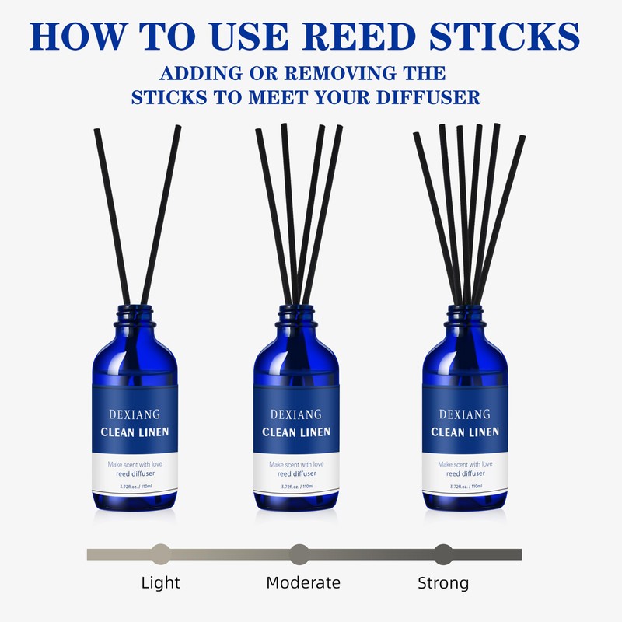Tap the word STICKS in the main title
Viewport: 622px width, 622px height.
click(x=508, y=37)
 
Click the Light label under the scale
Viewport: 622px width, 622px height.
click(x=160, y=582)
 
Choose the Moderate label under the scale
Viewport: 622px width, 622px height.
click(x=303, y=582)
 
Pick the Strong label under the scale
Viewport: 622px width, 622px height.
click(x=443, y=582)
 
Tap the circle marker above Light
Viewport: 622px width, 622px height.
click(x=161, y=554)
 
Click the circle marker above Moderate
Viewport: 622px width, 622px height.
click(x=299, y=554)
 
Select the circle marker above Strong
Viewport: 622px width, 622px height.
click(x=443, y=554)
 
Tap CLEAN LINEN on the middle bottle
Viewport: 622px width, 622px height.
click(x=296, y=432)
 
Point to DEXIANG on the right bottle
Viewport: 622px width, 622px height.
click(x=464, y=414)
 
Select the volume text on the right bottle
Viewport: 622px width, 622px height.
click(x=464, y=487)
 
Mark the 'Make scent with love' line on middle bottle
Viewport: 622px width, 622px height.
click(x=296, y=464)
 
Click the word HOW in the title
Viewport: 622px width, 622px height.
click(x=73, y=37)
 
